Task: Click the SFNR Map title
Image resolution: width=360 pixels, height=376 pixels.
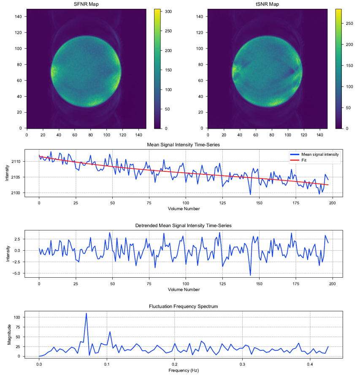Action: (86, 4)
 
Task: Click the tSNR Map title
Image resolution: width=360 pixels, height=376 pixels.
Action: (267, 4)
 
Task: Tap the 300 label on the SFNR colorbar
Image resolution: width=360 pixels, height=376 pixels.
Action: (168, 11)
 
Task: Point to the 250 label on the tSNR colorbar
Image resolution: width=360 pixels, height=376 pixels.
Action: (349, 24)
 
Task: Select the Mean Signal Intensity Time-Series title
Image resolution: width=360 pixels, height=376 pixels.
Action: (183, 145)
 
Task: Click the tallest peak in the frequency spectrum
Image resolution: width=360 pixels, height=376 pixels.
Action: (87, 313)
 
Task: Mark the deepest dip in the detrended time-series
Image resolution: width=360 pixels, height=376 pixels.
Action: (250, 275)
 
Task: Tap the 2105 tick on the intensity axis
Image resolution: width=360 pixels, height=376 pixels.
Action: (16, 177)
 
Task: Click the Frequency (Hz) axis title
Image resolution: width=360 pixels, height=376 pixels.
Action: (184, 371)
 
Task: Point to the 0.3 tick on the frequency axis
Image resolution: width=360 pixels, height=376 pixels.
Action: (242, 364)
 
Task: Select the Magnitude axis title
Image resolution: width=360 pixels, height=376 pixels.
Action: (9, 335)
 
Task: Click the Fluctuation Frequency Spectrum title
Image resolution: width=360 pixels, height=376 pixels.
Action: (183, 306)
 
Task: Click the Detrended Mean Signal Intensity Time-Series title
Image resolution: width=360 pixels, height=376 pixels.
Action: (183, 225)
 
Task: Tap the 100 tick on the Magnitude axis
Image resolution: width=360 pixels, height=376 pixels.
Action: (17, 317)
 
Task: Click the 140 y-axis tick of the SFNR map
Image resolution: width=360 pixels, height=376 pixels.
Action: (18, 16)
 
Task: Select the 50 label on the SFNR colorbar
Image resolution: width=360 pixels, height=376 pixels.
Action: (167, 109)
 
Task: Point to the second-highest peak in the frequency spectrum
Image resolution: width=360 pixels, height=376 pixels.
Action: (110, 332)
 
